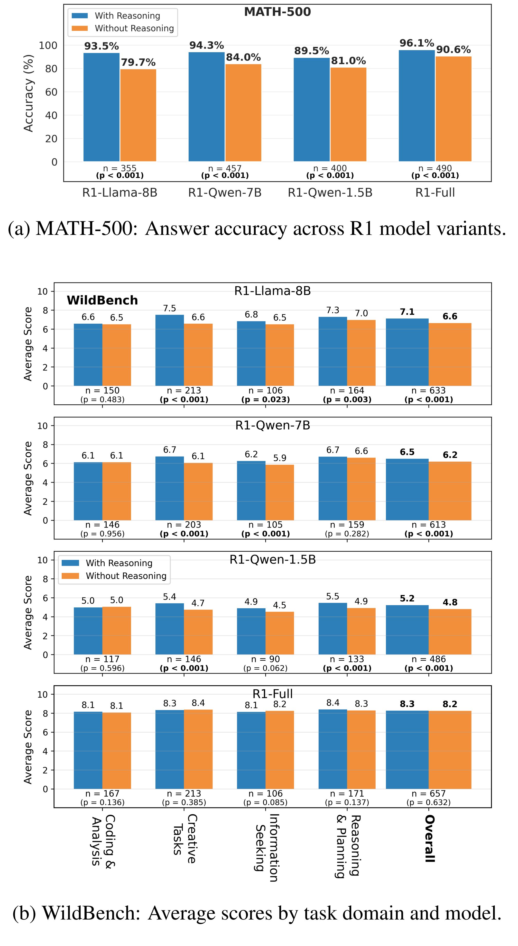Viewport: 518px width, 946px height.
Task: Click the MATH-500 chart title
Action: (277, 12)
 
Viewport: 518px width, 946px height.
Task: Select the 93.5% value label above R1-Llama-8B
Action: (101, 46)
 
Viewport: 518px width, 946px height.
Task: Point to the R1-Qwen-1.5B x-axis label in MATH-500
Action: (330, 193)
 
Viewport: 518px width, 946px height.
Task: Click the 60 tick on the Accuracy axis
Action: (51, 92)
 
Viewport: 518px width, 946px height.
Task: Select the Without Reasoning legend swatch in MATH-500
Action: (80, 28)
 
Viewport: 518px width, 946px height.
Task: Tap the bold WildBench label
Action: (102, 301)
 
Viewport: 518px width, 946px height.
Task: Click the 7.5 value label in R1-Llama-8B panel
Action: (170, 308)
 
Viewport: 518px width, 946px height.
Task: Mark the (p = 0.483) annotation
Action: (103, 399)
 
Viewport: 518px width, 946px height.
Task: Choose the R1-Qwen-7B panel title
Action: (272, 425)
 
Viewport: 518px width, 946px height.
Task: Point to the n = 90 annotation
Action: (265, 659)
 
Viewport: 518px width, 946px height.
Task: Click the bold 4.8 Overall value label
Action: (450, 602)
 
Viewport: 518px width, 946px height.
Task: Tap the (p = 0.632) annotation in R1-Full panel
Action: (428, 802)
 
